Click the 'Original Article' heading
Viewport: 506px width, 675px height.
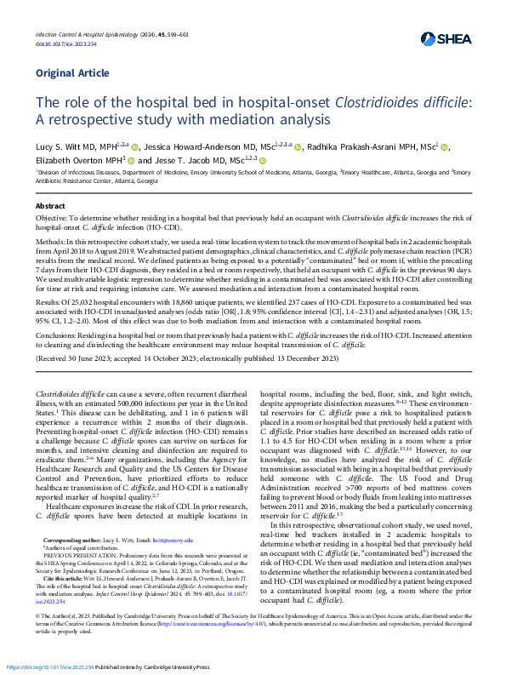[x=72, y=73]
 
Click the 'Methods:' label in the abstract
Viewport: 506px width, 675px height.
[x=50, y=243]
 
